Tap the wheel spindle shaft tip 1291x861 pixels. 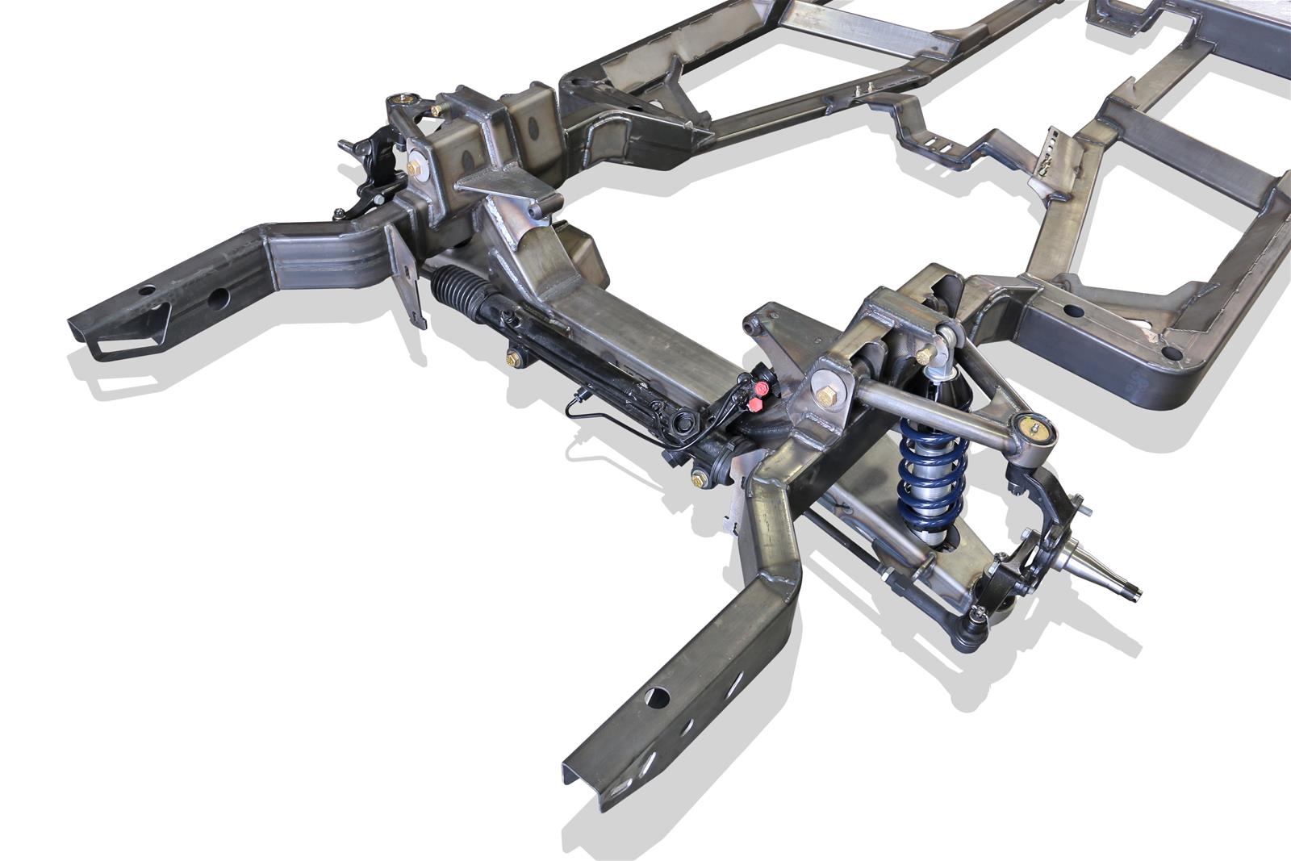tap(1136, 594)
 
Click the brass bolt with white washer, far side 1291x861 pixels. tap(416, 168)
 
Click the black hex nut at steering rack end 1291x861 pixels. tap(683, 420)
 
